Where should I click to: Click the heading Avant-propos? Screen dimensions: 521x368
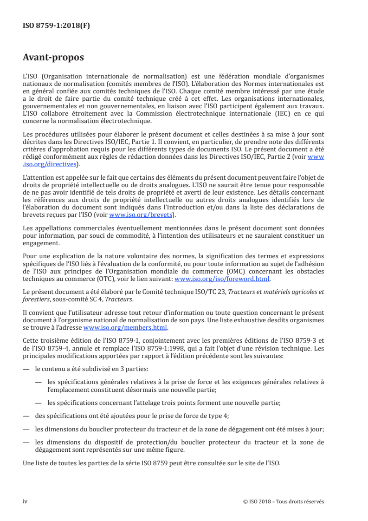(53, 58)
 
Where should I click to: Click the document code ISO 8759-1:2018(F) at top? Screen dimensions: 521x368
(56, 26)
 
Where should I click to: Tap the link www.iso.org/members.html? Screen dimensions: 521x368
(138, 327)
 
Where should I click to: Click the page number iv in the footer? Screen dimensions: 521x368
(25, 501)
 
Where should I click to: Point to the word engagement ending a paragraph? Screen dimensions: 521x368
(41, 242)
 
